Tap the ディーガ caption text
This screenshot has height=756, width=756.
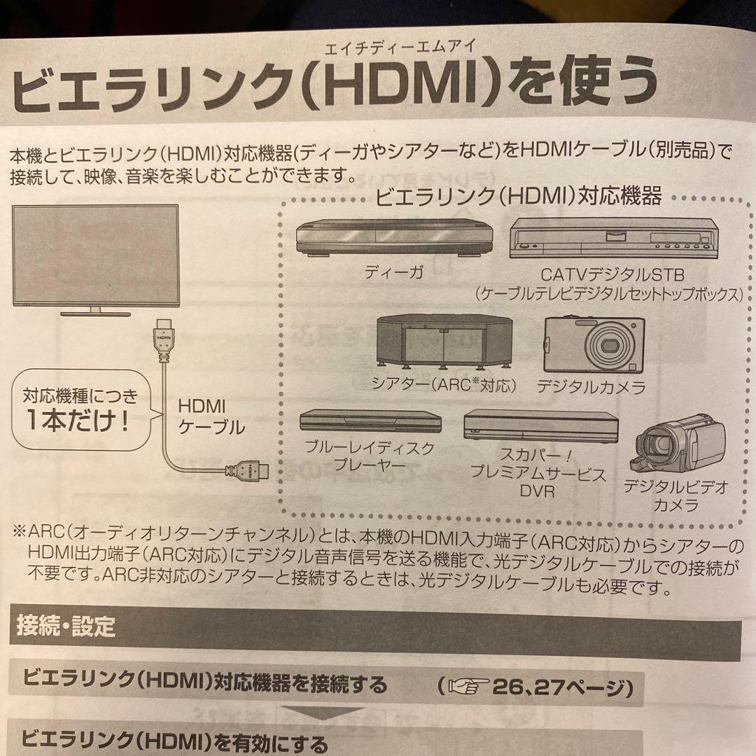click(x=394, y=273)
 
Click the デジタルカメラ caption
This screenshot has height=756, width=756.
click(x=591, y=386)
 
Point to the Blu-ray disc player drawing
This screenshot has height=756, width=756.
click(x=370, y=421)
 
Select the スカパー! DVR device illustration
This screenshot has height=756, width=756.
click(x=540, y=424)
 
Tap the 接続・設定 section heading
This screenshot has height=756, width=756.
click(x=66, y=626)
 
